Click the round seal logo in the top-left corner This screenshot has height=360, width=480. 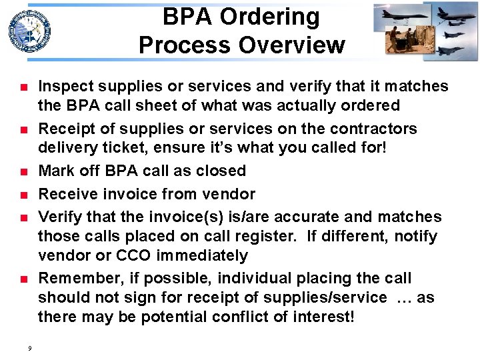[29, 31]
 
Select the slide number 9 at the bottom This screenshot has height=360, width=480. [30, 347]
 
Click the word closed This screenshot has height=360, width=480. [221, 171]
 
